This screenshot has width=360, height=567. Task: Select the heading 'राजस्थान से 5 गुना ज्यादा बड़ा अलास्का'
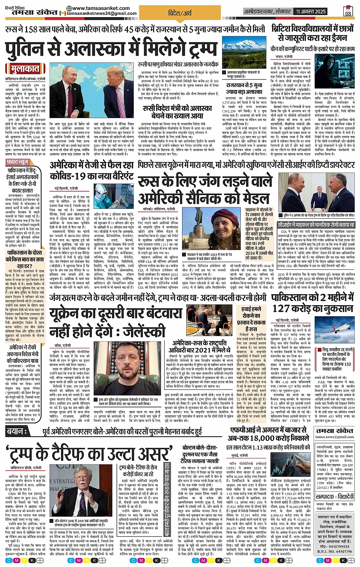(x=244, y=88)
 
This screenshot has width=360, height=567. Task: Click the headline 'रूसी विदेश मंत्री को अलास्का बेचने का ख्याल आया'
(x=178, y=112)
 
